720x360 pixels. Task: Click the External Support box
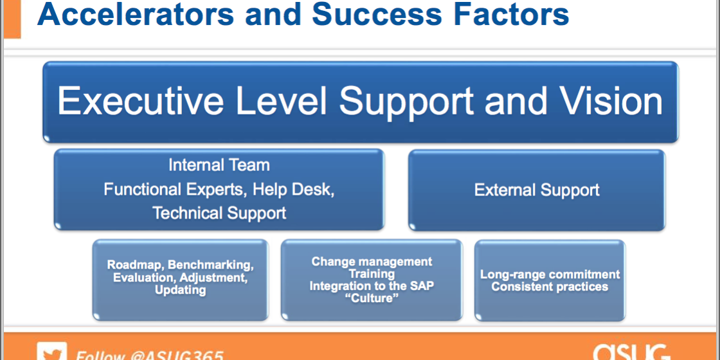click(537, 190)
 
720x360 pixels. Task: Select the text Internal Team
click(219, 165)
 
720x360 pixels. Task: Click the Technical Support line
click(219, 213)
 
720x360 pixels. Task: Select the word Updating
click(181, 290)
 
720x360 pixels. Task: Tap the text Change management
click(372, 262)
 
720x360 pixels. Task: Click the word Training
click(372, 274)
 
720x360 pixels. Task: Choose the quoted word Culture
click(372, 298)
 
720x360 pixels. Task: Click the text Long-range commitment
click(550, 274)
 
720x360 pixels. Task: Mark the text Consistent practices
click(550, 287)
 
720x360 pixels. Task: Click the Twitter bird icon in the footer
click(51, 352)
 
